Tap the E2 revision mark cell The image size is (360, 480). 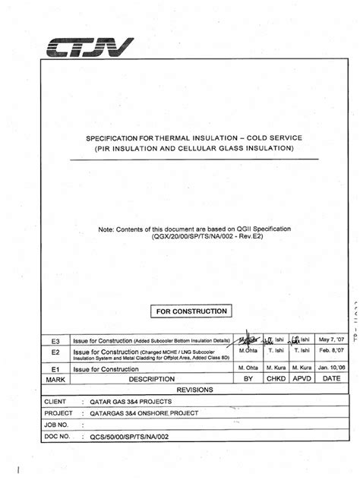click(x=54, y=354)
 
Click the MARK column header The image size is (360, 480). click(x=53, y=377)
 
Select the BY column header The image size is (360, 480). click(x=248, y=377)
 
